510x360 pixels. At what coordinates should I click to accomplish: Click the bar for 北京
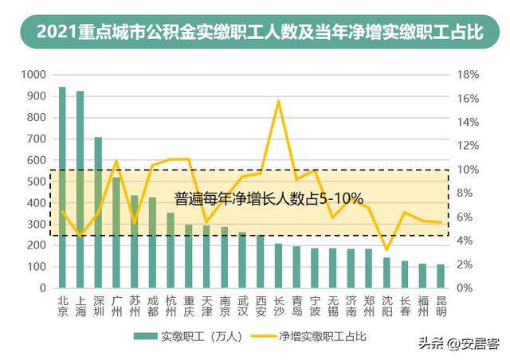pos(62,187)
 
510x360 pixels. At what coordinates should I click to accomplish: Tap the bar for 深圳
pos(98,212)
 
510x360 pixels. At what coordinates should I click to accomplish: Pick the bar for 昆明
pos(441,276)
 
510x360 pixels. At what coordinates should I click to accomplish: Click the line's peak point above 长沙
pos(278,101)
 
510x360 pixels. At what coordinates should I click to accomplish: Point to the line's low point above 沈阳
pos(386,249)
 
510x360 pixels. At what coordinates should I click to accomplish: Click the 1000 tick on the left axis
pos(35,75)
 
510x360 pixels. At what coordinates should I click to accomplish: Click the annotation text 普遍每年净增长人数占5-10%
pos(269,197)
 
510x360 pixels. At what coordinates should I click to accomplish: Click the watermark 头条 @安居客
pos(460,344)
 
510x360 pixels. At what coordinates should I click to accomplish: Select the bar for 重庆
pos(188,256)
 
